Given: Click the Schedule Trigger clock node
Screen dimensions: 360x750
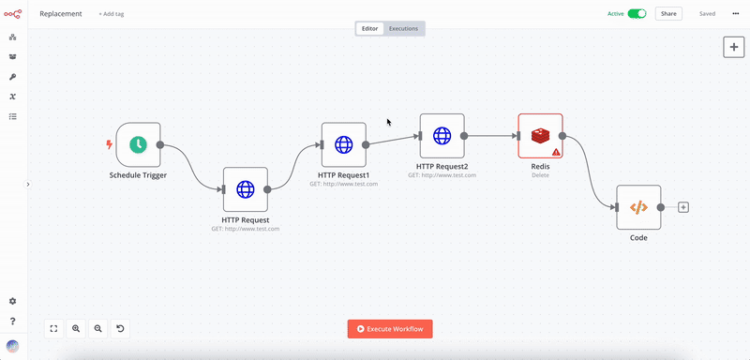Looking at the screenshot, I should pyautogui.click(x=138, y=144).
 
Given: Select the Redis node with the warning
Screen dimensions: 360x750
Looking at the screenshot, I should pyautogui.click(x=540, y=136).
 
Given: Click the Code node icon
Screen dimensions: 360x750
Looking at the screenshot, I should pyautogui.click(x=637, y=207).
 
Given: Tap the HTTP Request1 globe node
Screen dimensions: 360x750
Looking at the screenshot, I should pyautogui.click(x=343, y=144).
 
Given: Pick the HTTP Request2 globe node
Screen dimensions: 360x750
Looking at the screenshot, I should pyautogui.click(x=442, y=136).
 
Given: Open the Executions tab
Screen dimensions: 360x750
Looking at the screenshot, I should pyautogui.click(x=403, y=28).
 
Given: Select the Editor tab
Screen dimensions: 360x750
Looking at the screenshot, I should pyautogui.click(x=370, y=28).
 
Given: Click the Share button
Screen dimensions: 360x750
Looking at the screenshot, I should pyautogui.click(x=668, y=14).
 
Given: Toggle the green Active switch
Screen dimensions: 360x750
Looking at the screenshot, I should pyautogui.click(x=637, y=14).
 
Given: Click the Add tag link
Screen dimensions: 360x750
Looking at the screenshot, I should pyautogui.click(x=112, y=14).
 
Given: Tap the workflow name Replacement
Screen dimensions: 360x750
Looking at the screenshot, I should pyautogui.click(x=61, y=14).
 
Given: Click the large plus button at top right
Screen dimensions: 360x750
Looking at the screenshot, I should pyautogui.click(x=734, y=46).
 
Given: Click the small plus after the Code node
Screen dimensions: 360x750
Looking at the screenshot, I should pyautogui.click(x=683, y=207).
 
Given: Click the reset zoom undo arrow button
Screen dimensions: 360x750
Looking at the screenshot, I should pyautogui.click(x=120, y=328).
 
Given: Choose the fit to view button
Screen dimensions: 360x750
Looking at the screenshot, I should pyautogui.click(x=53, y=328).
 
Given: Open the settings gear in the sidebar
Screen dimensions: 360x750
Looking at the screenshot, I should pyautogui.click(x=12, y=301).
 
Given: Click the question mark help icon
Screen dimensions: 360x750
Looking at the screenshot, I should pyautogui.click(x=12, y=322).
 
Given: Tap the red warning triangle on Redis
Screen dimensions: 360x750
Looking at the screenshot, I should pyautogui.click(x=556, y=151).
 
